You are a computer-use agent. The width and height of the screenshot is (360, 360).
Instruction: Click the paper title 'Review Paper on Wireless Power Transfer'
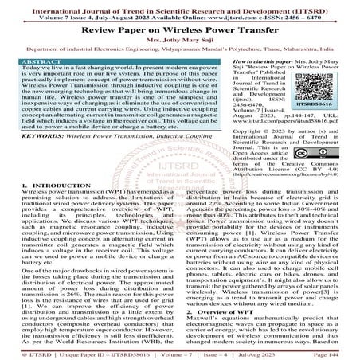pyautogui.click(x=179, y=27)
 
